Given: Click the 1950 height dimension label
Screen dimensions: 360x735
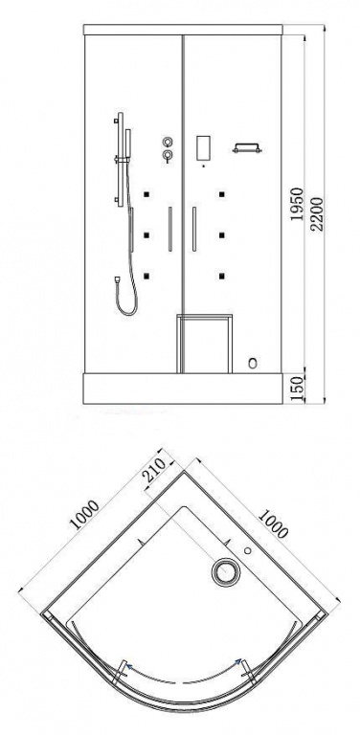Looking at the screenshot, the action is (x=297, y=205).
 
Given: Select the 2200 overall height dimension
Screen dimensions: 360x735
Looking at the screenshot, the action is (x=317, y=213).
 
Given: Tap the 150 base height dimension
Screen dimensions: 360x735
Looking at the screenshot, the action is (x=297, y=388).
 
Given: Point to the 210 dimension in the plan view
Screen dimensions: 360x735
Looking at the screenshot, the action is (x=154, y=470).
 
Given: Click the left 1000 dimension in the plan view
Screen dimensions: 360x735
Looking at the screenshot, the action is (x=84, y=515).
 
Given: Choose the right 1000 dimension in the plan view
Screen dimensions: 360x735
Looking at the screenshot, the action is (x=272, y=523).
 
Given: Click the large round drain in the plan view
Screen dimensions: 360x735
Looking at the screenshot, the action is (x=226, y=572).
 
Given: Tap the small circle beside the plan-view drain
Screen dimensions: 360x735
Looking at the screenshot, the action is (x=247, y=551).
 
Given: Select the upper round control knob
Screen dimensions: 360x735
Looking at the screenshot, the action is (x=168, y=142).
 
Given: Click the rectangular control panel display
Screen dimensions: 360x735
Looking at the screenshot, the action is (x=203, y=148).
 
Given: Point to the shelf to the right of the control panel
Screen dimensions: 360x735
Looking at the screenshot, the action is (x=247, y=148).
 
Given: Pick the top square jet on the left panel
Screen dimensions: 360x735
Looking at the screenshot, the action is (x=146, y=193).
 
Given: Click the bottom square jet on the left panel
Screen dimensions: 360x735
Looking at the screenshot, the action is (x=146, y=276).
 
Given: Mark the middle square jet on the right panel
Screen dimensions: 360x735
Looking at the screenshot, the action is (x=221, y=234).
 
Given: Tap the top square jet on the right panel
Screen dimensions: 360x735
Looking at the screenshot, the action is (x=221, y=193).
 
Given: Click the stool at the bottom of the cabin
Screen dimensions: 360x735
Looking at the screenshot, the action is (x=204, y=344).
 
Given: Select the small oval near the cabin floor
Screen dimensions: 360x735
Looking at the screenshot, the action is (x=253, y=363).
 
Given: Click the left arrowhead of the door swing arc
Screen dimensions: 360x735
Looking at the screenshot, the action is (x=127, y=665).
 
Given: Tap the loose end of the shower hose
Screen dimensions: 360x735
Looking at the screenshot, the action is (x=116, y=280).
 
